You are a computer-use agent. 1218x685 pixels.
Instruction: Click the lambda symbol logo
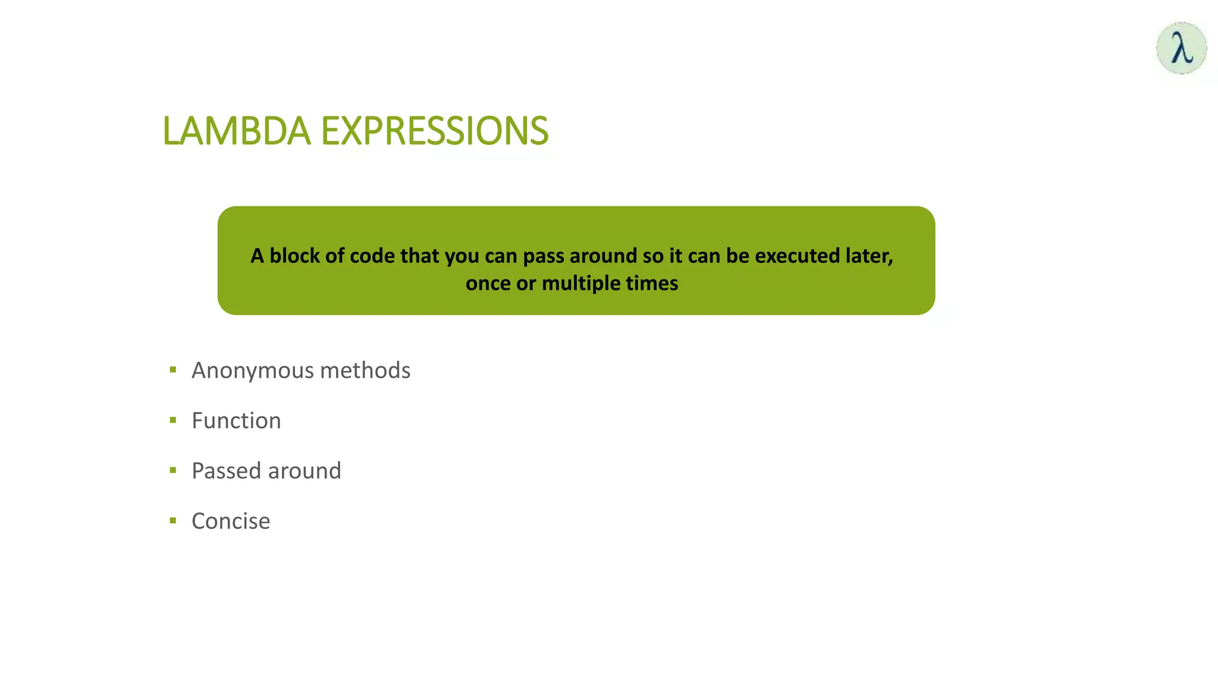point(1181,48)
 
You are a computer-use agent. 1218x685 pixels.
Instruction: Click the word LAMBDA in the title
point(236,131)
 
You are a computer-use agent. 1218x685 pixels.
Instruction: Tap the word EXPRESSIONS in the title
point(434,131)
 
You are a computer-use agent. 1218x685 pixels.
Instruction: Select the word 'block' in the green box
point(294,256)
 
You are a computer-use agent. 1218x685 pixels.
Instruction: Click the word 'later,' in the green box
point(868,256)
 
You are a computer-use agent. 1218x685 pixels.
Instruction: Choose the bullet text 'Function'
point(236,421)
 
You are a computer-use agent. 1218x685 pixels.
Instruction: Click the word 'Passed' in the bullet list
point(227,471)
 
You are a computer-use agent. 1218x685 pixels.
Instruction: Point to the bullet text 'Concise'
point(231,521)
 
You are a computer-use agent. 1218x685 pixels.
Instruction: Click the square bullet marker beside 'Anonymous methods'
point(173,370)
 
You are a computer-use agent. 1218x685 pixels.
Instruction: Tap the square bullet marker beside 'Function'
point(173,420)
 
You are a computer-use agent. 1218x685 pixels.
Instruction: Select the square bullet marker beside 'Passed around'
point(173,470)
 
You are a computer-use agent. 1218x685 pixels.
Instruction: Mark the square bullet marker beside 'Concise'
point(173,521)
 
